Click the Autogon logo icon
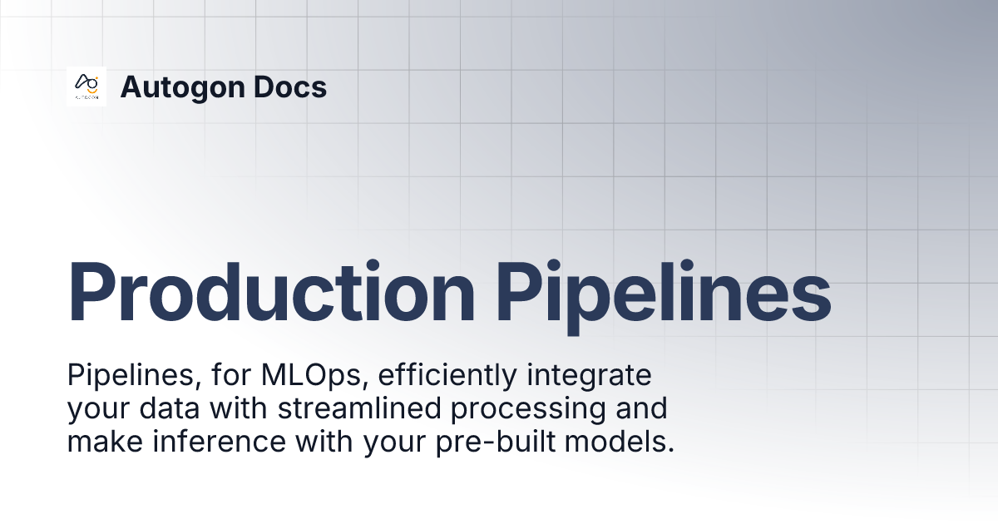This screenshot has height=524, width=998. click(86, 87)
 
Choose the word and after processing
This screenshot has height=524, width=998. click(641, 409)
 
